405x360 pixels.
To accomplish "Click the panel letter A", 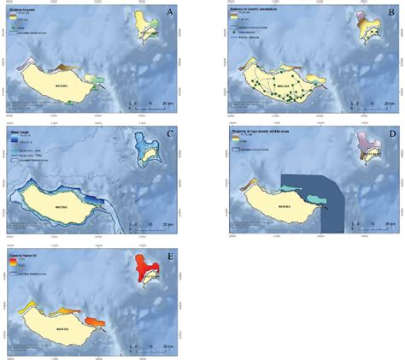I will (171, 12).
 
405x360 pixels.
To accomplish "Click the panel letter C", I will (171, 133).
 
